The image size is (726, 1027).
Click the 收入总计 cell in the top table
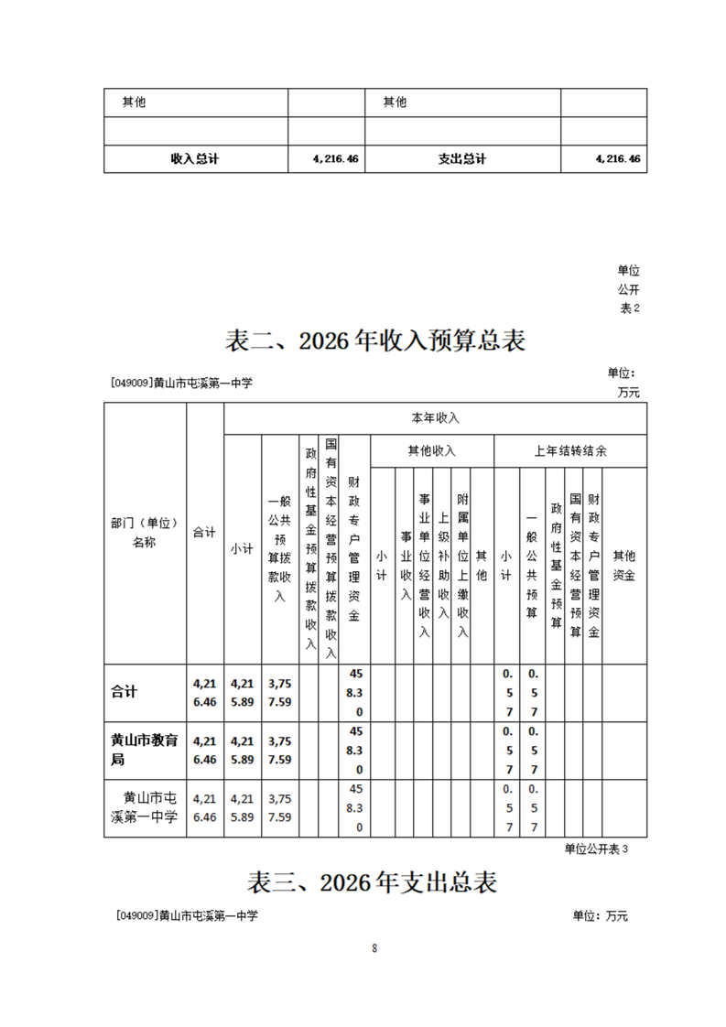(195, 158)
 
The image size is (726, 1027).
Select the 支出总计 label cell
(462, 158)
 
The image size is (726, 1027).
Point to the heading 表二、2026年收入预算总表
(375, 341)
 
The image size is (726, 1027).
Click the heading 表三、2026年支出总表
(372, 882)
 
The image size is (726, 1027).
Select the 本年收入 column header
(435, 418)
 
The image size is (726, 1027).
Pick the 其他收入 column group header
(431, 450)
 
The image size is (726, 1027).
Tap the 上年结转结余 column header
(569, 450)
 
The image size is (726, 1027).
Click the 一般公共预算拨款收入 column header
(279, 549)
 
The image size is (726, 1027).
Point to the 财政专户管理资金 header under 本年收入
(353, 549)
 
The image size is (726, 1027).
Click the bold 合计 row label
(124, 692)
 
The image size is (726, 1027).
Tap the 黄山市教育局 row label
(144, 750)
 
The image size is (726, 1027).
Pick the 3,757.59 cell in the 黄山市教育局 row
(279, 750)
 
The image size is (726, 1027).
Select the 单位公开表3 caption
(596, 849)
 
